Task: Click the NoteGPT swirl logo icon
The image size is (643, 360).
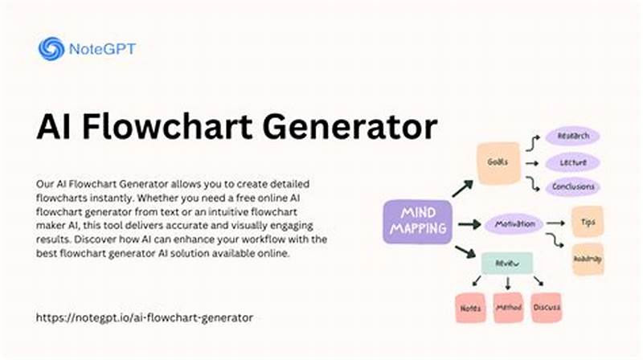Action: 51,48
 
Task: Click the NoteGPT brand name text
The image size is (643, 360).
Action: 103,48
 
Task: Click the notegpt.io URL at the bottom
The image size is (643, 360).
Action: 145,317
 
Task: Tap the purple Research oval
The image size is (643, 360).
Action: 573,137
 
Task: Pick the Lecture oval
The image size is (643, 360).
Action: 573,162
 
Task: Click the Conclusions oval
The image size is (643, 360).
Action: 573,187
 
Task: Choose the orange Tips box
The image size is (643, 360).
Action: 588,221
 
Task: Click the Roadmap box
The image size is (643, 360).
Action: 588,258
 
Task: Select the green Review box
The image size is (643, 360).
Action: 506,262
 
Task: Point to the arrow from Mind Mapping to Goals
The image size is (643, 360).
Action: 461,189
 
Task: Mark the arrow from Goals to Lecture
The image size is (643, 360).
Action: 532,162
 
